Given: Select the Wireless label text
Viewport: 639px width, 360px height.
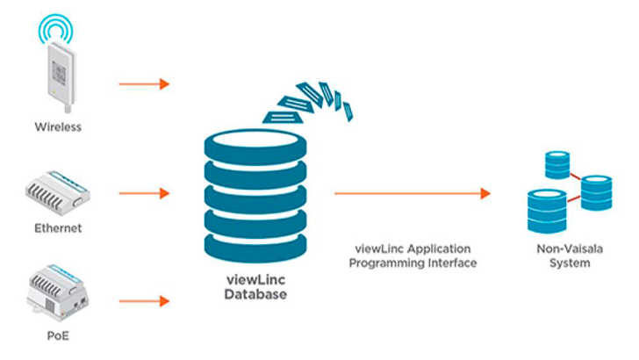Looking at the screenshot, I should (x=58, y=126).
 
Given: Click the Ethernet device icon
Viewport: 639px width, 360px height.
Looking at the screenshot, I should (x=58, y=193).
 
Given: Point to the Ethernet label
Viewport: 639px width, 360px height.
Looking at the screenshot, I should (x=58, y=228).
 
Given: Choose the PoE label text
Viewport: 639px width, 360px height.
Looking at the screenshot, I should (x=58, y=335).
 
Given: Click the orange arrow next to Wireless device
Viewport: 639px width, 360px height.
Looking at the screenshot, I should (x=143, y=84).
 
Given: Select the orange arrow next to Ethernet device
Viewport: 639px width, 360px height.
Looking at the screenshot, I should (x=143, y=192).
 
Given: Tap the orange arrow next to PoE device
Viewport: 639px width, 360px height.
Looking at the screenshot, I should (x=143, y=301).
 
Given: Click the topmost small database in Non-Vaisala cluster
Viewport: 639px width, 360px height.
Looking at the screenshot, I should (x=556, y=164).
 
